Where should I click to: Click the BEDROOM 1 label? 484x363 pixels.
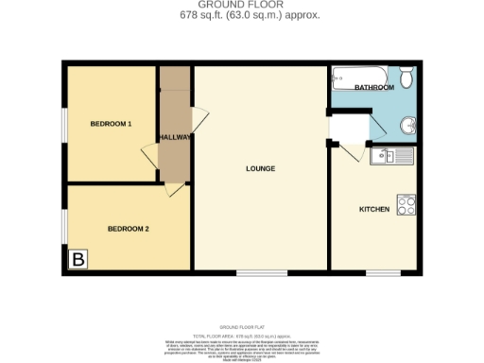[111, 125]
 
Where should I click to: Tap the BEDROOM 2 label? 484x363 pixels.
[128, 229]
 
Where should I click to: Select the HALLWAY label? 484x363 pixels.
[176, 137]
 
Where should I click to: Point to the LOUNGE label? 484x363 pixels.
[260, 169]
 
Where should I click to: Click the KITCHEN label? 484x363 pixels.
[374, 209]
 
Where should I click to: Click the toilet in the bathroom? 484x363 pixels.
[406, 77]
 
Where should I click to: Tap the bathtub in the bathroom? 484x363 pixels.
[358, 75]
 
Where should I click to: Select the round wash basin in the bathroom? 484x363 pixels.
[407, 125]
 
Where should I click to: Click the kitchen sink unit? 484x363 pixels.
[393, 156]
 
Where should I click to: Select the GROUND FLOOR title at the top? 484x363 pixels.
[241, 6]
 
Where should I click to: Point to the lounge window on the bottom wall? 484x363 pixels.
[262, 274]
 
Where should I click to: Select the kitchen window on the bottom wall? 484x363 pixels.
[383, 274]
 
